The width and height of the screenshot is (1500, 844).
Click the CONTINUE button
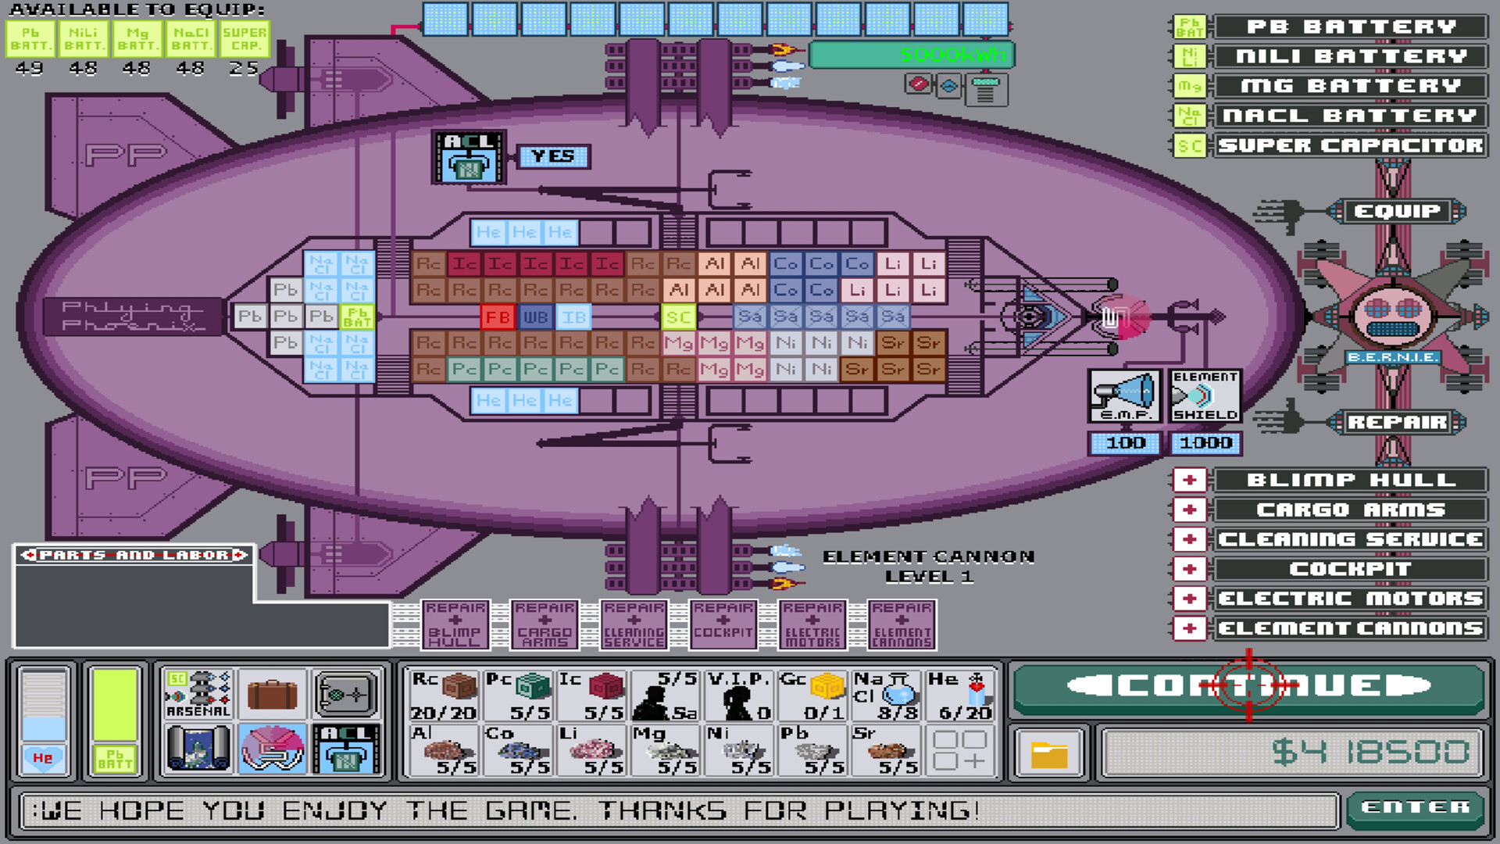coord(1248,686)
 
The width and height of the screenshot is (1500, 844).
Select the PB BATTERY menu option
coord(1350,27)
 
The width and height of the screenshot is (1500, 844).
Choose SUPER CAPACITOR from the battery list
coord(1350,145)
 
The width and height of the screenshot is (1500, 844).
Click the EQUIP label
coord(1397,211)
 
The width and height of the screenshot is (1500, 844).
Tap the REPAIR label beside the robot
coord(1397,422)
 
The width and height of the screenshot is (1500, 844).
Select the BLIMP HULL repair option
coord(1350,480)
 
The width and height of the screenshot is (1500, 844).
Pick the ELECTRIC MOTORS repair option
coord(1350,599)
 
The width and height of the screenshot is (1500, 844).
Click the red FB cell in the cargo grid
coord(498,317)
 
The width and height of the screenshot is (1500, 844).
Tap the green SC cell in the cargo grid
coord(678,317)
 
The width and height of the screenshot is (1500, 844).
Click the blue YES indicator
coord(553,156)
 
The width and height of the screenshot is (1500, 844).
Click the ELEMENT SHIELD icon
coord(1205,395)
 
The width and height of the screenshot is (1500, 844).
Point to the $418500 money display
coord(1292,753)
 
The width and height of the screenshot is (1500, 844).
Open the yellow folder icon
coord(1048,754)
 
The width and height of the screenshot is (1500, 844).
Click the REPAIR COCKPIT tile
coord(723,625)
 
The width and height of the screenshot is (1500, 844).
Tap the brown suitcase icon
coord(272,694)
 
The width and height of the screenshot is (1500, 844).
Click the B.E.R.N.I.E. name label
coord(1392,357)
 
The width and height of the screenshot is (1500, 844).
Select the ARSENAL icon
coord(198,694)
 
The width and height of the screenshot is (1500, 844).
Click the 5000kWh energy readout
coord(912,55)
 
